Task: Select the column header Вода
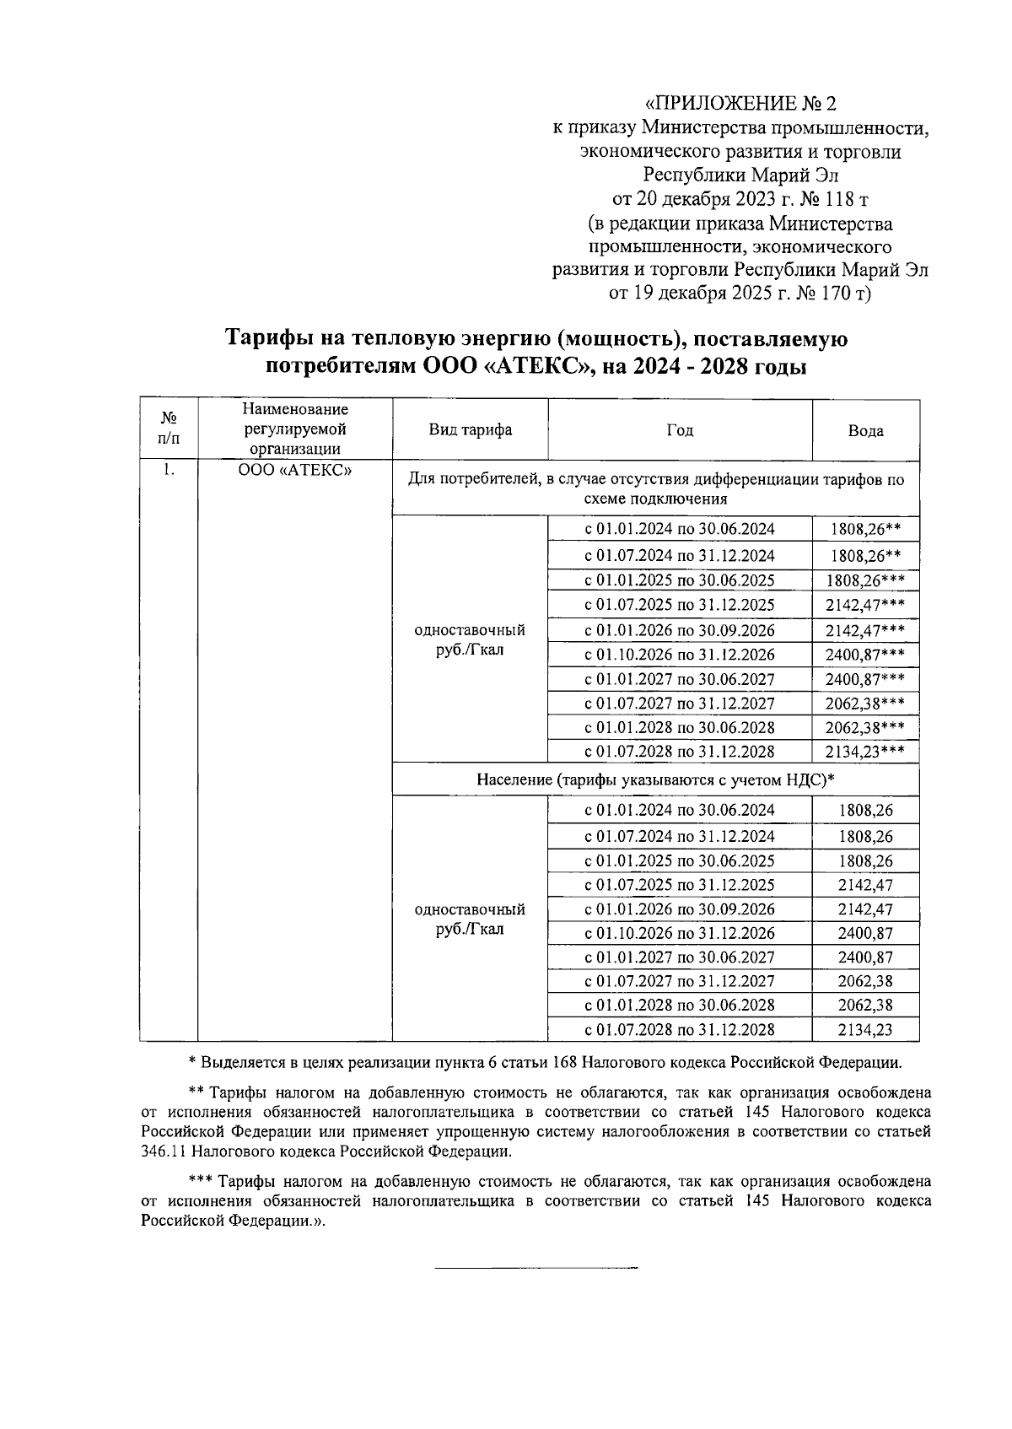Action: tap(865, 431)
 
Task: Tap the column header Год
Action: tap(680, 430)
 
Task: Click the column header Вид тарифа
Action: tap(470, 430)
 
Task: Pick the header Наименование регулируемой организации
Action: tap(294, 429)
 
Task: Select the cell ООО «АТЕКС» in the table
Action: tap(294, 471)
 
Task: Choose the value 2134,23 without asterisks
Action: tap(865, 1029)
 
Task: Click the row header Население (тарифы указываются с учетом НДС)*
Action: tap(655, 779)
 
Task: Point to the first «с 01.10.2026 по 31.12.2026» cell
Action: tap(680, 655)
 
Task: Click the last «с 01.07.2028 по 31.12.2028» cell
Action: tap(680, 1029)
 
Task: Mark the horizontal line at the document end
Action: tap(536, 1267)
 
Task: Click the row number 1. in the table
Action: tap(169, 471)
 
